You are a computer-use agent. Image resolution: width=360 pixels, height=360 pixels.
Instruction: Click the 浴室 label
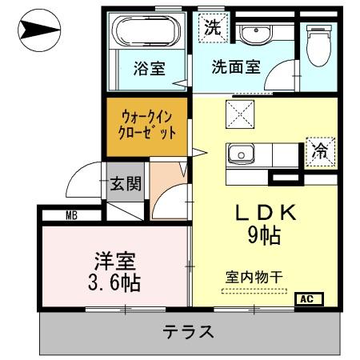pos(149,69)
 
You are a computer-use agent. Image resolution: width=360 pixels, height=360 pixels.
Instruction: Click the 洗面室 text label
pos(236,67)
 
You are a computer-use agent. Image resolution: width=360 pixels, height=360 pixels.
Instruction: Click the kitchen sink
pos(240,153)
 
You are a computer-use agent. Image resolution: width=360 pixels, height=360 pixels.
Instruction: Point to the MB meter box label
pos(71,214)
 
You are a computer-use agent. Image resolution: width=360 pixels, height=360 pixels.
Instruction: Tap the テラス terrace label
pos(189,331)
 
